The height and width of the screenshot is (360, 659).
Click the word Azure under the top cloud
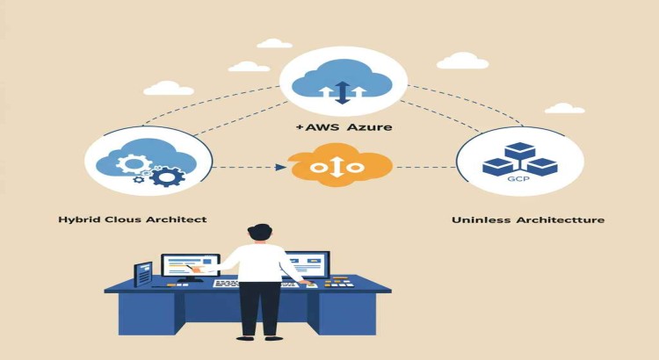369,127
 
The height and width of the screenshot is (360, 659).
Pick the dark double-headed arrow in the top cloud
343,90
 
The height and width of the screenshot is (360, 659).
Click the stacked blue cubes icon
519,159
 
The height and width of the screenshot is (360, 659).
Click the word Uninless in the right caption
478,220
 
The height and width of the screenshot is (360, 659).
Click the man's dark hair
260,232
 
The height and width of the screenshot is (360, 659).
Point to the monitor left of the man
188,266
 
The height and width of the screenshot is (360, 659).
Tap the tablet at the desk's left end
142,275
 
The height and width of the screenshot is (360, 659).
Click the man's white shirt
261,264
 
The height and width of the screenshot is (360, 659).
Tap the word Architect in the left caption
180,219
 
